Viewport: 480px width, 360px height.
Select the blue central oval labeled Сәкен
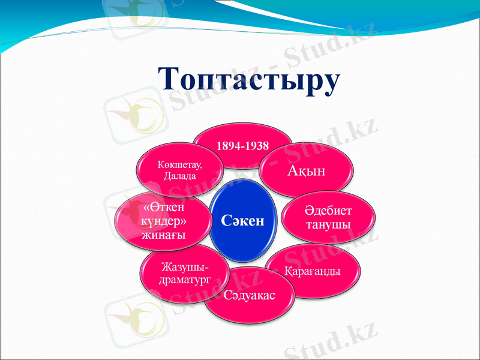(243, 221)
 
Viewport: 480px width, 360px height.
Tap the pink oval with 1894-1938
(242, 146)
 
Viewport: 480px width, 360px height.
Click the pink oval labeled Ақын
(305, 170)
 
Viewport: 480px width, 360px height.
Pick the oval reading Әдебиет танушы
(328, 218)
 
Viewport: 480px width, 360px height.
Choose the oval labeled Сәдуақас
(250, 295)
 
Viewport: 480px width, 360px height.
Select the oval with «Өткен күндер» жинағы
(163, 220)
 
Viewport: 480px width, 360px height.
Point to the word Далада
(179, 176)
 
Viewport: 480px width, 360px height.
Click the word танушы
(328, 224)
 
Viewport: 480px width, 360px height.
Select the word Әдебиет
(328, 212)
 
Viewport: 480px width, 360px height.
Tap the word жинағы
(163, 234)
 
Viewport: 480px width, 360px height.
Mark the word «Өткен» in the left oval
(164, 207)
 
